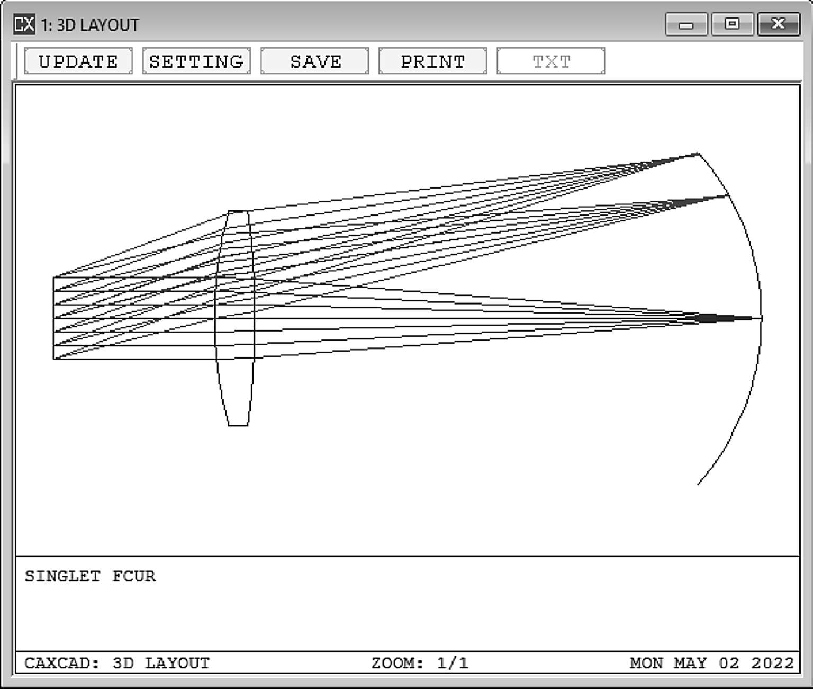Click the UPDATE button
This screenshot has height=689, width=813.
(78, 61)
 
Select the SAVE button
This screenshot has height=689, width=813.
(315, 61)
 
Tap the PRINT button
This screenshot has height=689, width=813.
(432, 61)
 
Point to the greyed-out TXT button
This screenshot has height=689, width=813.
(550, 61)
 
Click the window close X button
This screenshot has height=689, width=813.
(778, 24)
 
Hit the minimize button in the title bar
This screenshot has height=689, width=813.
(686, 24)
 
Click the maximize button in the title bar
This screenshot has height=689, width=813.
(732, 24)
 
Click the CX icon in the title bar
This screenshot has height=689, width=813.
(24, 24)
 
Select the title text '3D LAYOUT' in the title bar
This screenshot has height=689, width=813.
(97, 25)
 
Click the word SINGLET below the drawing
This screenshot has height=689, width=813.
(62, 576)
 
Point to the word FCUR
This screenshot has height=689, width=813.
(134, 576)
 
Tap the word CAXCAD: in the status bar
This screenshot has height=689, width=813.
(62, 663)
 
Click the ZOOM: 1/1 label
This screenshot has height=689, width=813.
(420, 663)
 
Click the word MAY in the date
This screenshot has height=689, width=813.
(690, 663)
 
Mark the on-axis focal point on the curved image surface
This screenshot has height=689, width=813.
(761, 318)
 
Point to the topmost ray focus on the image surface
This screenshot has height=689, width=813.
(698, 154)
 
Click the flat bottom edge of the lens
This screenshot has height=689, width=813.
(238, 425)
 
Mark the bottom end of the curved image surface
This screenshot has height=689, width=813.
(698, 484)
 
